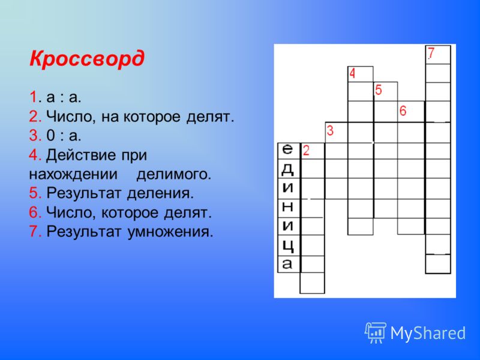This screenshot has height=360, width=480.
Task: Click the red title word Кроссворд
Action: pos(86,58)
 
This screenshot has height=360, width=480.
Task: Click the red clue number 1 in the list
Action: pos(33,97)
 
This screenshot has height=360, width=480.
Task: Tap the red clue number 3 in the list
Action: pos(34,136)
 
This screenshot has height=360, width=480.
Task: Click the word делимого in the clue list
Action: pos(174,175)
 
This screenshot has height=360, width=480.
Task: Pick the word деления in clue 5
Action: pos(160,193)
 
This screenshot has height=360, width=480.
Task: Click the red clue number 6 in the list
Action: pos(34,212)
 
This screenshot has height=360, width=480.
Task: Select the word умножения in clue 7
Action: pos(170,232)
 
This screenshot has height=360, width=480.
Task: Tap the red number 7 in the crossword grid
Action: pos(431,53)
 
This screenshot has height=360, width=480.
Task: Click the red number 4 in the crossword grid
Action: pos(352,73)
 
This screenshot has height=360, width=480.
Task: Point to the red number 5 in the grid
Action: pos(379,90)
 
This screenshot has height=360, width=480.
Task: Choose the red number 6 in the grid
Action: pos(403,110)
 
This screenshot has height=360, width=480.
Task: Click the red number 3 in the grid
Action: pos(330,130)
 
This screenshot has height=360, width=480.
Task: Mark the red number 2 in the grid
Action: pos(306,151)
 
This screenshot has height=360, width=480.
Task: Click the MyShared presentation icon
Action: pos(375,333)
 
